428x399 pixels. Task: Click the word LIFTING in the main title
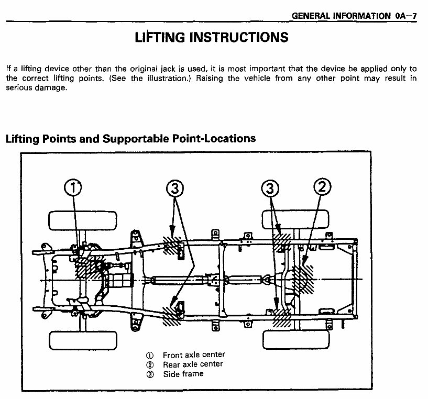pyautogui.click(x=159, y=37)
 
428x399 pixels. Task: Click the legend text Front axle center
pyautogui.click(x=193, y=355)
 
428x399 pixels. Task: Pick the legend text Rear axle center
pyautogui.click(x=192, y=364)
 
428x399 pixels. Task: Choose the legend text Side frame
pyautogui.click(x=183, y=373)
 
